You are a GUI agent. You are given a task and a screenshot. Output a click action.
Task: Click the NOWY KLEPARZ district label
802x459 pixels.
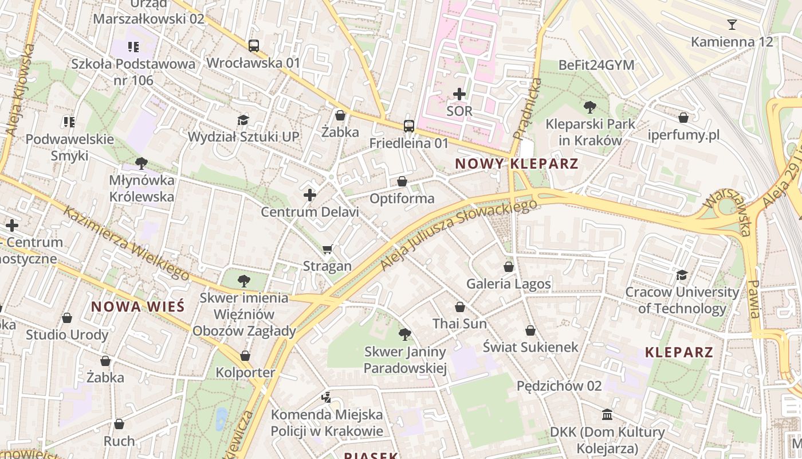(516, 164)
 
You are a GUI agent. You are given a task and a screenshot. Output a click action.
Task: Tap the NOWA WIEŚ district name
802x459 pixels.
(137, 306)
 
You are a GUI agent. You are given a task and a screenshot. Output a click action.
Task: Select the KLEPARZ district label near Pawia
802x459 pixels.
(679, 352)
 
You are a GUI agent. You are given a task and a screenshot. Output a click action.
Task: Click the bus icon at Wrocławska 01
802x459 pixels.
(253, 46)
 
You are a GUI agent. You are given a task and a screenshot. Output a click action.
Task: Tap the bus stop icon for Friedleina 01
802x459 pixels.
(408, 126)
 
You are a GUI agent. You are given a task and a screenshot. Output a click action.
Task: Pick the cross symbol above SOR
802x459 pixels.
(459, 94)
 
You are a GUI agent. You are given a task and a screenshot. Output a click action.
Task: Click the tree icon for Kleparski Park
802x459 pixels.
(589, 107)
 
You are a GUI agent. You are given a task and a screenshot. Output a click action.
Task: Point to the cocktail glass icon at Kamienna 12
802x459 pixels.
(732, 25)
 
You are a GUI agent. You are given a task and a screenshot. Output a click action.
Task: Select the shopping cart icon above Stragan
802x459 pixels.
(327, 249)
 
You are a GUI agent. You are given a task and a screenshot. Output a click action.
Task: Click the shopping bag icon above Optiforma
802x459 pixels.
(402, 182)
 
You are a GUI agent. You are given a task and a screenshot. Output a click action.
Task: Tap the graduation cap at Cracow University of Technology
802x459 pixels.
(681, 275)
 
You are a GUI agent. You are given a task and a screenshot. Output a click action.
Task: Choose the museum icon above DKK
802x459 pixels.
(607, 414)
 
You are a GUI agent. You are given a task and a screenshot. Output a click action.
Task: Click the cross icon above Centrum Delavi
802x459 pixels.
(310, 195)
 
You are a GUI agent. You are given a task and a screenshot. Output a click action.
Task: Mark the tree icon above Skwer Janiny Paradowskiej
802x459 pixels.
(405, 334)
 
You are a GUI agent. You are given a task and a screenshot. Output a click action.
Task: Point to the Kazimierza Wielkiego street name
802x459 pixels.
(126, 244)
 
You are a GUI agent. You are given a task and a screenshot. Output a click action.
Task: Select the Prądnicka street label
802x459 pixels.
(528, 109)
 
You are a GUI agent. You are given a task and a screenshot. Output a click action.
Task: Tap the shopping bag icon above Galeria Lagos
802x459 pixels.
(508, 267)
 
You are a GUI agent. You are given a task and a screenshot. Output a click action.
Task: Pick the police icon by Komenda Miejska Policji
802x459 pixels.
(326, 397)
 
